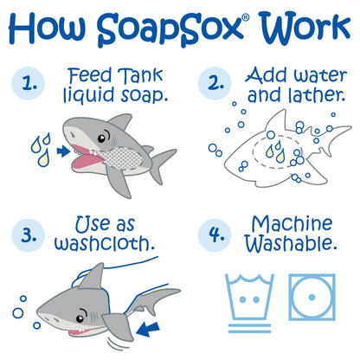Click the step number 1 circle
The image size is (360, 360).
(29, 83)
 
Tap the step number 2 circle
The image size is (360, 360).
(215, 83)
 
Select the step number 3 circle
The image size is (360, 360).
(29, 235)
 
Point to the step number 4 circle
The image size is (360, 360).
(215, 235)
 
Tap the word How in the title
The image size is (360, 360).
(47, 29)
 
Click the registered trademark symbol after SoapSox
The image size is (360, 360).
(246, 18)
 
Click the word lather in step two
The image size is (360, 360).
(317, 95)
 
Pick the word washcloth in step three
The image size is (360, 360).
(105, 244)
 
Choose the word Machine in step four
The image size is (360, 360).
(292, 224)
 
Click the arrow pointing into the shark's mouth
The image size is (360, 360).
(63, 151)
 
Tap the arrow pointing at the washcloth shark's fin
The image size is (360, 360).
(148, 330)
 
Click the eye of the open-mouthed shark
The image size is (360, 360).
(101, 138)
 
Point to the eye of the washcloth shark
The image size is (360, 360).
(80, 318)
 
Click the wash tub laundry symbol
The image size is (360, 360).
(249, 297)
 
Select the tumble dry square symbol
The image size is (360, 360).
(312, 297)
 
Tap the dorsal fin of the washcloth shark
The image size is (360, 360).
(93, 276)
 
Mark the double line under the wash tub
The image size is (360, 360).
(249, 328)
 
